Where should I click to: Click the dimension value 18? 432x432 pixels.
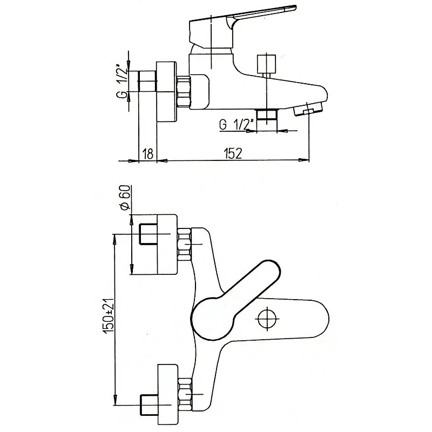point(148,153)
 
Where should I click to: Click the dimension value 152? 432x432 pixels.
point(233,153)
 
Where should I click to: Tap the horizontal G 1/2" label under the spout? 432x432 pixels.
point(236,125)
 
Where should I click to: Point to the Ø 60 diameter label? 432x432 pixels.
point(125,197)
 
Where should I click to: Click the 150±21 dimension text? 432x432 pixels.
point(108,315)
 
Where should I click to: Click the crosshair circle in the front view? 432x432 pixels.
point(267,319)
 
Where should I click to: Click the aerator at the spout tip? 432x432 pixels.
point(308,110)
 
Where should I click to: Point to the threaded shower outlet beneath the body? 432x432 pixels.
point(267,116)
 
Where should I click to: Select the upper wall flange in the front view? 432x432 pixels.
point(167,245)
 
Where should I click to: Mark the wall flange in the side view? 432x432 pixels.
point(166,91)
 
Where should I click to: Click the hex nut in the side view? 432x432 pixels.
point(184,92)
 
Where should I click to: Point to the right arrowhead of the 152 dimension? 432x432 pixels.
point(304,160)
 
